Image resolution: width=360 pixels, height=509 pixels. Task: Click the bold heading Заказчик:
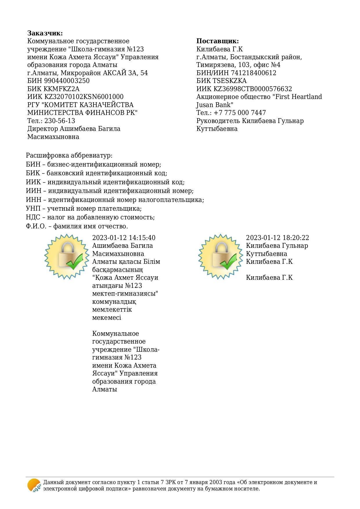click(45, 33)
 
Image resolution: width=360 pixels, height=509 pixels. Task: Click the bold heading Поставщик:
click(217, 41)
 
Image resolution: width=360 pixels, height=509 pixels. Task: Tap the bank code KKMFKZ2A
click(61, 89)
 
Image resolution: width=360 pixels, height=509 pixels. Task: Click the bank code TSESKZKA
click(230, 81)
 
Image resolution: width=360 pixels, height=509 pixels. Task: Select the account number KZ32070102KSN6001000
click(84, 97)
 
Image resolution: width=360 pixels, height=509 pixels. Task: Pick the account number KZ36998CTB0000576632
click(253, 89)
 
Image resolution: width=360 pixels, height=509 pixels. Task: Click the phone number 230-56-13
click(60, 121)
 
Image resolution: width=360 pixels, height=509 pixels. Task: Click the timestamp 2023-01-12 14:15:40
click(124, 238)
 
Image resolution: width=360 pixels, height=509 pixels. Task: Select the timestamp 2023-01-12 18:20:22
click(277, 238)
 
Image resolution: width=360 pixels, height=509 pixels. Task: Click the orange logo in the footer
click(34, 485)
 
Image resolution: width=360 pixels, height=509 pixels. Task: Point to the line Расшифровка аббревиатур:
click(69, 156)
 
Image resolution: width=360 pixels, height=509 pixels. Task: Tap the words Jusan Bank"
click(215, 105)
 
